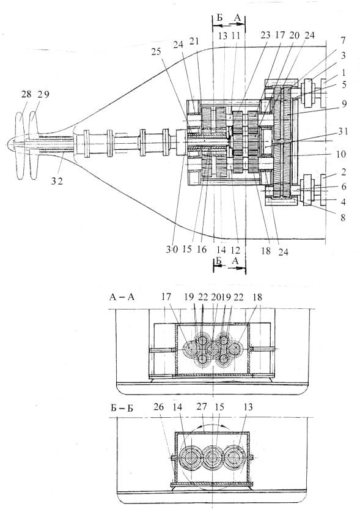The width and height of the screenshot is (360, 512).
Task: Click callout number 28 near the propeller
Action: coord(26,94)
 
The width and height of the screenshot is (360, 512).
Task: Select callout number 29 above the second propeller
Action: coord(43,94)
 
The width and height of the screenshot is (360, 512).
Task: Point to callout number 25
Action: coord(156,51)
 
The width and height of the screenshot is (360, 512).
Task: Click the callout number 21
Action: coord(194,41)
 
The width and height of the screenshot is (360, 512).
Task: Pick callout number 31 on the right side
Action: coord(343,132)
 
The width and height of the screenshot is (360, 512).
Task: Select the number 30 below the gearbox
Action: coord(172,250)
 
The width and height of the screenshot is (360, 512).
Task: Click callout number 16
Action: coord(202,250)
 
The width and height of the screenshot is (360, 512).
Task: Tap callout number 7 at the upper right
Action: coord(343,40)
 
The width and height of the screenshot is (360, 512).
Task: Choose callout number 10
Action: coord(341,154)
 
